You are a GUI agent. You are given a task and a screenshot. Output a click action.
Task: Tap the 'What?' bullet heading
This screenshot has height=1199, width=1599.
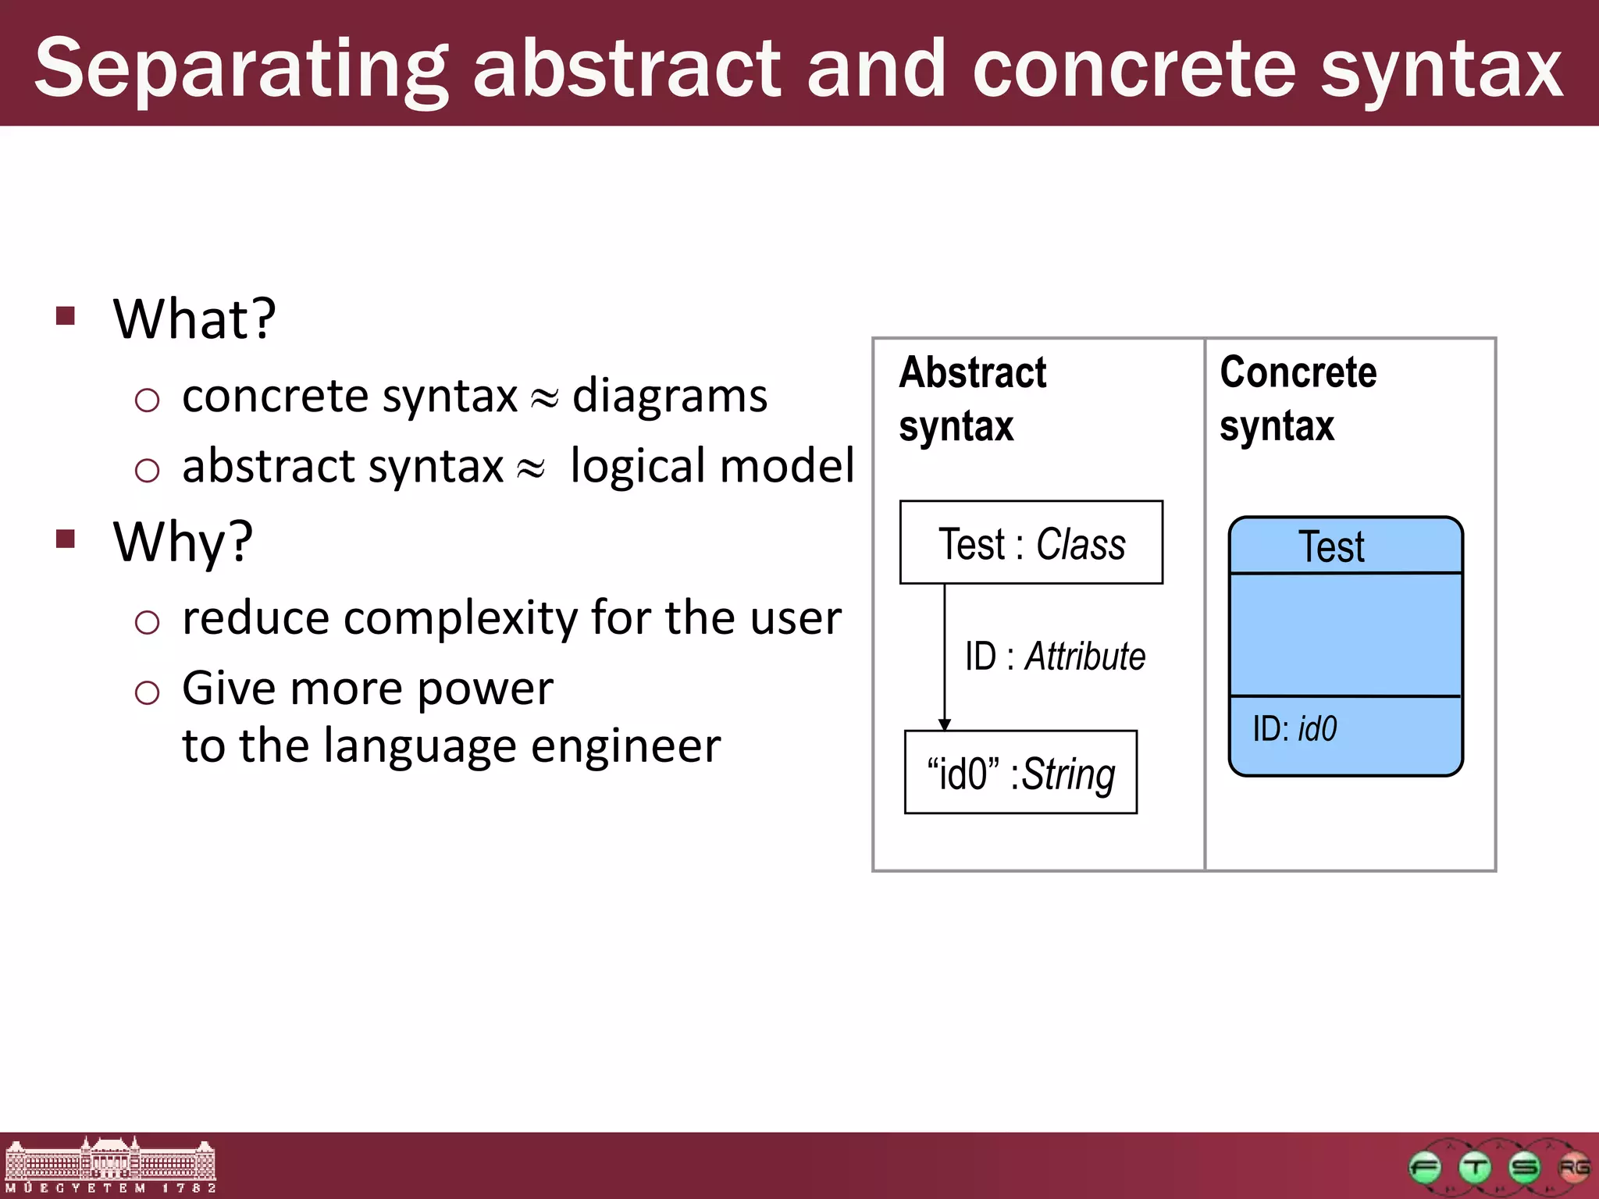pyautogui.click(x=194, y=319)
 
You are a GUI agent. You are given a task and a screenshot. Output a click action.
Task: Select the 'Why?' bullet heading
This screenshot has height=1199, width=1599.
pyautogui.click(x=183, y=542)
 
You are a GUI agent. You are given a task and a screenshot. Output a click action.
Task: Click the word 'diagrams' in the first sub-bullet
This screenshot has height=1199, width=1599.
pyautogui.click(x=670, y=396)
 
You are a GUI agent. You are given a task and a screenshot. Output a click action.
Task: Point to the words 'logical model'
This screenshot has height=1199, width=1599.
pyautogui.click(x=712, y=466)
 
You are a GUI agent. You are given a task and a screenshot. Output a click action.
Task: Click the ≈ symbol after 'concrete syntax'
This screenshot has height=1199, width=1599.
pyautogui.click(x=544, y=399)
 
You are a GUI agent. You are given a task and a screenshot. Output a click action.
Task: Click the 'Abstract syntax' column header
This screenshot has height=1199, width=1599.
pyautogui.click(x=972, y=399)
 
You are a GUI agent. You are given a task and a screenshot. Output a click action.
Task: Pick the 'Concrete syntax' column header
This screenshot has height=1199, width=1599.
pyautogui.click(x=1298, y=399)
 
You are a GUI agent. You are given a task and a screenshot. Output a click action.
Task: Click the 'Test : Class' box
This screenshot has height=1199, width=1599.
pyautogui.click(x=1031, y=543)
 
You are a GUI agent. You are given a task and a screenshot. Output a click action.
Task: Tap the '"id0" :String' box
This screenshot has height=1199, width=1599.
pyautogui.click(x=1020, y=773)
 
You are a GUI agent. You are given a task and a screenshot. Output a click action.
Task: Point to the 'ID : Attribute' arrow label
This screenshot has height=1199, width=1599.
pyautogui.click(x=1054, y=656)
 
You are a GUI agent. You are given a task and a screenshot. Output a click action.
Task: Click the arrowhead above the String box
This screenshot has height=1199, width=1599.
pyautogui.click(x=944, y=724)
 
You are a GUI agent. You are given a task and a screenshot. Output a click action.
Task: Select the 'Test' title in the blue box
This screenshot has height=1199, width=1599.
pyautogui.click(x=1331, y=546)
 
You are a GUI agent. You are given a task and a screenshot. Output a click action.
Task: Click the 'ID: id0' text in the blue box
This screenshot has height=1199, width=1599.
pyautogui.click(x=1295, y=728)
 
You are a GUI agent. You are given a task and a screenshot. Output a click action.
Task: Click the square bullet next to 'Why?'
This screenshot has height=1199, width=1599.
pyautogui.click(x=66, y=539)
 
